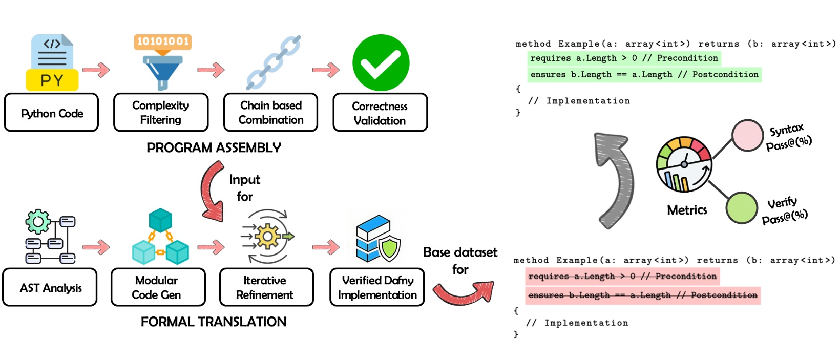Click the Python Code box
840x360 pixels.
click(x=51, y=113)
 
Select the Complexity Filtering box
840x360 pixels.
click(x=161, y=113)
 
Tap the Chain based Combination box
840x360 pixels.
click(x=270, y=113)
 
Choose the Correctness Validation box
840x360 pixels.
click(x=380, y=113)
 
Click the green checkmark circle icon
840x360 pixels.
click(x=381, y=63)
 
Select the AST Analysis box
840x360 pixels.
click(x=50, y=288)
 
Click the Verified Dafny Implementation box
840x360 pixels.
click(x=377, y=288)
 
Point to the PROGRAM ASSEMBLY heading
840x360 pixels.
click(x=214, y=148)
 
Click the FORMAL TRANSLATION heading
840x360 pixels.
click(x=214, y=322)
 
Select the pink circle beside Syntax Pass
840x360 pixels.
click(x=747, y=136)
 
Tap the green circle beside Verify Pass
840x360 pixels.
click(x=741, y=208)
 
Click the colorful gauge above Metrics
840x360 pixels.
click(x=684, y=164)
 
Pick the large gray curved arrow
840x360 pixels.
click(x=615, y=179)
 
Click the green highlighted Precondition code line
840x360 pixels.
click(x=624, y=58)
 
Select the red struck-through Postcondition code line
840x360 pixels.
click(x=642, y=295)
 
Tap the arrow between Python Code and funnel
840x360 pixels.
click(x=96, y=70)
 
